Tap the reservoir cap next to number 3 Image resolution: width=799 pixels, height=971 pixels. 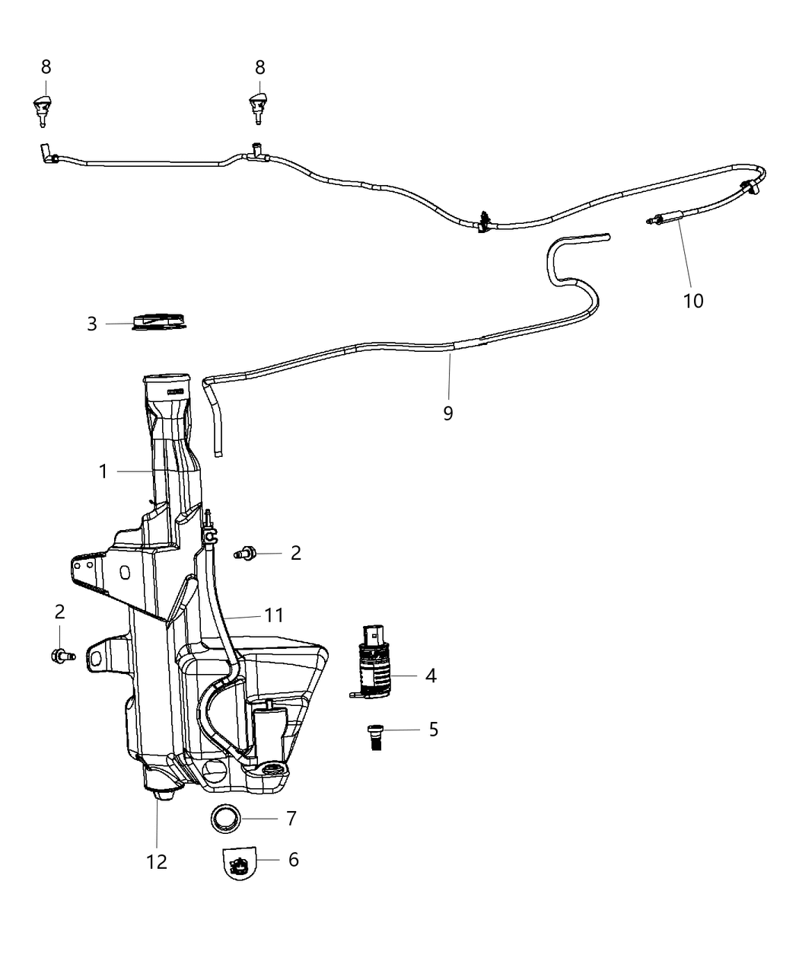[159, 322]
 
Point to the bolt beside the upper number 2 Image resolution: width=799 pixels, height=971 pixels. [247, 554]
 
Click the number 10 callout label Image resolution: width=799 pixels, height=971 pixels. [693, 301]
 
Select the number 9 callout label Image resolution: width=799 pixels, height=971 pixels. [448, 413]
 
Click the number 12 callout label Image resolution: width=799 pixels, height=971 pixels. [157, 861]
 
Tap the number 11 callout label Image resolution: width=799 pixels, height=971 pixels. [274, 615]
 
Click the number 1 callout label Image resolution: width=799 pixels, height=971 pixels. [103, 472]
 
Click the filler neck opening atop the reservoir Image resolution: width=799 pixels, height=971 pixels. [167, 380]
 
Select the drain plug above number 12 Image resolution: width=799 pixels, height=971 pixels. [161, 794]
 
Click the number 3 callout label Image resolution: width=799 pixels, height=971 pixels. [92, 324]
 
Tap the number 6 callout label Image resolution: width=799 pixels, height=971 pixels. [293, 859]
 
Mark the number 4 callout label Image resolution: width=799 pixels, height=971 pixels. [431, 676]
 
